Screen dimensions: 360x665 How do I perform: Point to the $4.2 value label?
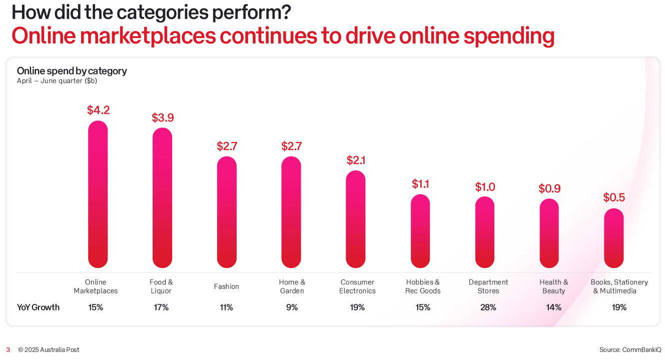click(x=98, y=110)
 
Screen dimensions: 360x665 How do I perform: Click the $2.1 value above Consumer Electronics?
click(x=356, y=160)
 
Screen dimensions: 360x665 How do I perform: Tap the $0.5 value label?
click(x=614, y=197)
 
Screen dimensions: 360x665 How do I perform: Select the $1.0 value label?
click(x=485, y=187)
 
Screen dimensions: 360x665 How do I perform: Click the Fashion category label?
click(x=227, y=286)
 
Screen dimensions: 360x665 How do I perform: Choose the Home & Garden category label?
click(x=292, y=286)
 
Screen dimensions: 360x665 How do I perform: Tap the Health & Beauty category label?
click(x=553, y=286)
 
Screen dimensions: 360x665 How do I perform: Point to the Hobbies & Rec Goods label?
click(x=423, y=286)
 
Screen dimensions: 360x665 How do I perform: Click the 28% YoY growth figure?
click(x=488, y=307)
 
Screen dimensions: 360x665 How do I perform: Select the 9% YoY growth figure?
click(x=292, y=307)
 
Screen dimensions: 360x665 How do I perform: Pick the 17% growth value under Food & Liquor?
click(x=161, y=307)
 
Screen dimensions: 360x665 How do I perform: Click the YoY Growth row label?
click(x=38, y=307)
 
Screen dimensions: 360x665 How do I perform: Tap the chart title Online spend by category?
click(x=72, y=71)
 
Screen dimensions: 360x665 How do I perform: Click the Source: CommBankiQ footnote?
click(x=630, y=349)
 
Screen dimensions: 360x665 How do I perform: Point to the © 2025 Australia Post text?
click(x=49, y=349)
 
